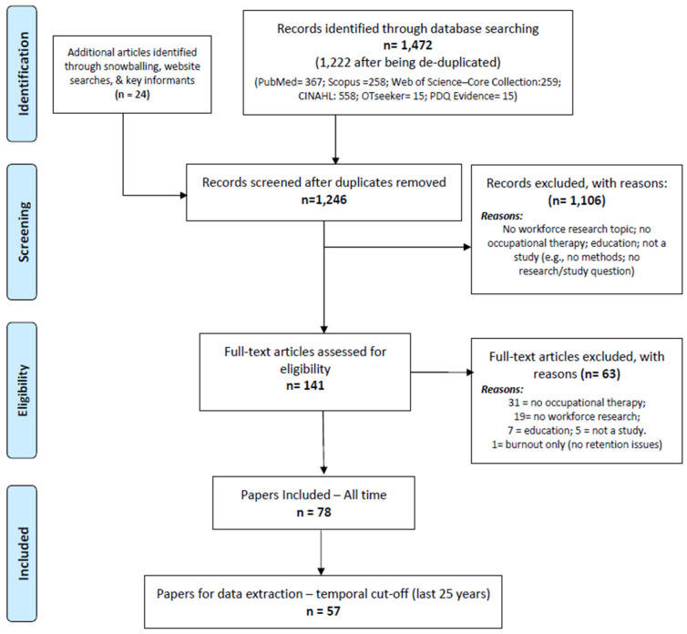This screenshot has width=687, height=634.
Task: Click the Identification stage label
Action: point(23,74)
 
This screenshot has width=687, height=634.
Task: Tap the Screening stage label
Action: point(23,232)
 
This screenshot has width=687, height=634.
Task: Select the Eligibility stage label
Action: point(23,391)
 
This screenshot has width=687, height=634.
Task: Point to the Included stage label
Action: point(23,553)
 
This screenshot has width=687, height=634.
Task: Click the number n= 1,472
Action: point(407,46)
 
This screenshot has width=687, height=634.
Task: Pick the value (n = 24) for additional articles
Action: point(132,95)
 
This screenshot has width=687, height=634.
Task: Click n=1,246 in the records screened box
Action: point(323,199)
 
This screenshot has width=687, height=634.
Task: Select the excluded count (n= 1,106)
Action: point(577,200)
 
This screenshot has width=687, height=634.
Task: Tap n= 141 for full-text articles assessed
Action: point(305,385)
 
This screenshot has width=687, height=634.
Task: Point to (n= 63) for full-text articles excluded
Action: point(600,374)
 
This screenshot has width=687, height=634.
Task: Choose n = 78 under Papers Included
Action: point(313,512)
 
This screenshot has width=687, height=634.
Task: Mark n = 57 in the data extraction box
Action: point(323,611)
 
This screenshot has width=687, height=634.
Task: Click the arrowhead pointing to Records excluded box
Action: point(467,247)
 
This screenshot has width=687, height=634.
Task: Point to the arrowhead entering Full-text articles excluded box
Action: point(470,373)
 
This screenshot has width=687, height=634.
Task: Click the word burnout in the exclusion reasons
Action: point(523,445)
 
